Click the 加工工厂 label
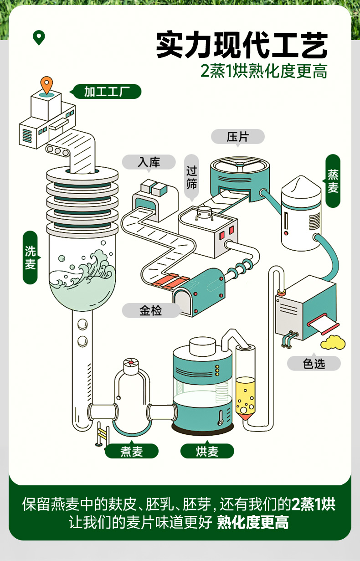tap(107, 92)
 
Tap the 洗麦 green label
tap(30, 257)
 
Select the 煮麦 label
tap(132, 451)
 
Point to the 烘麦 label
tap(207, 451)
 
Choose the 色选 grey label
tap(314, 363)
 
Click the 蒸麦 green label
tap(333, 181)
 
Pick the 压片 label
tap(237, 136)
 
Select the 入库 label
tap(149, 162)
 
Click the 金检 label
tap(150, 311)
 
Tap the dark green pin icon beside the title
tap(39, 37)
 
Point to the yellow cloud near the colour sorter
tap(333, 342)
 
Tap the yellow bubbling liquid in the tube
tap(245, 394)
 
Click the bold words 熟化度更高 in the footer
tap(252, 522)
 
